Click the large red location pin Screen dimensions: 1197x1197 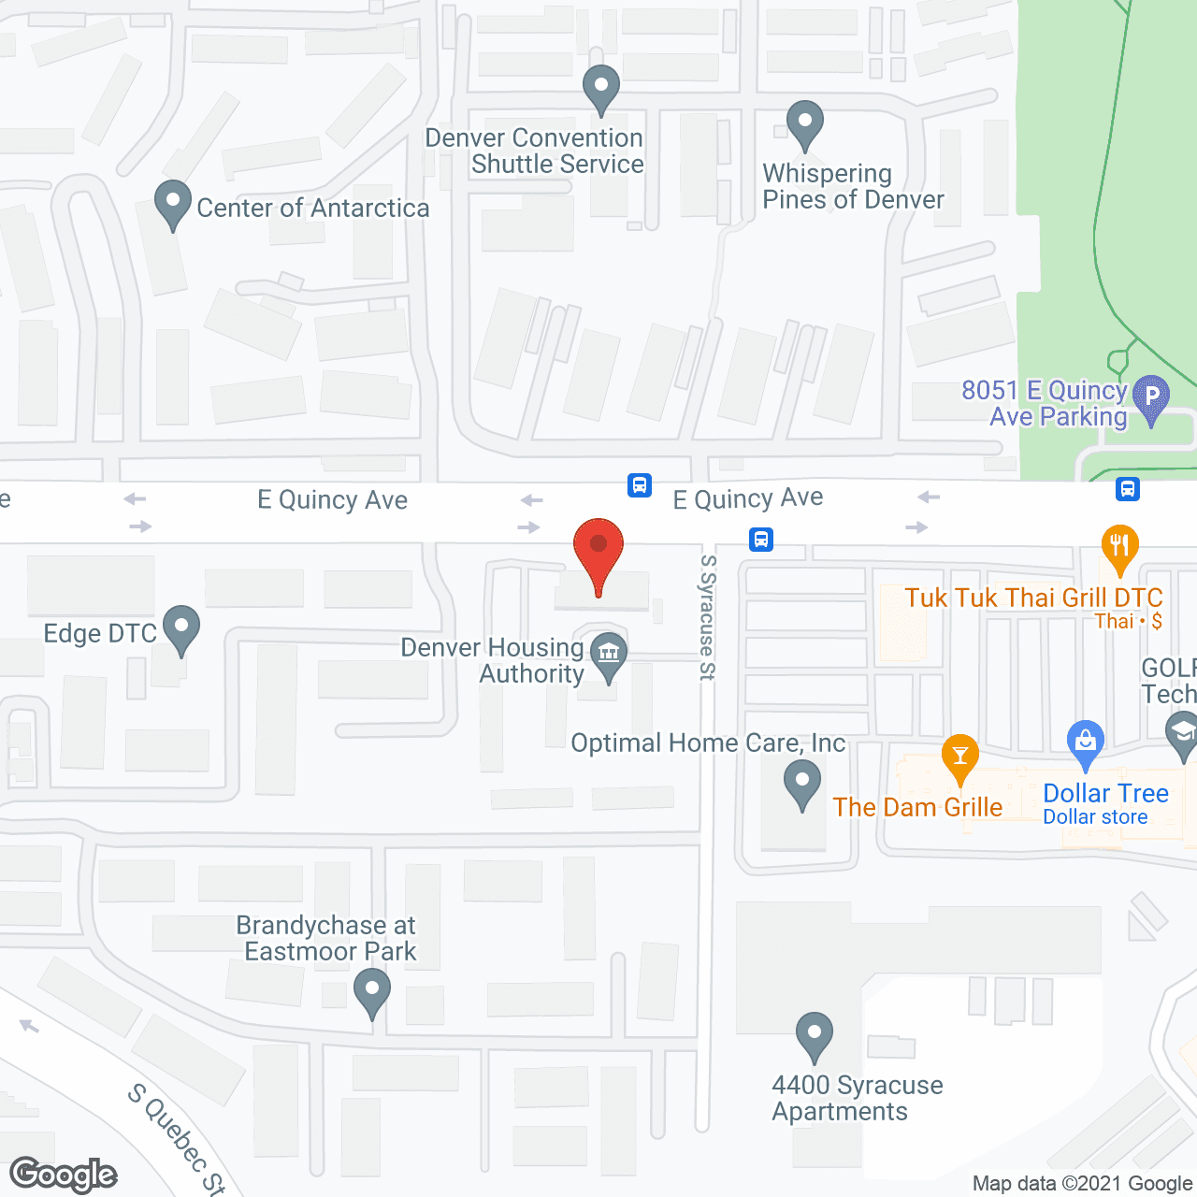pos(598,547)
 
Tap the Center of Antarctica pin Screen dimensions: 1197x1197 pos(172,202)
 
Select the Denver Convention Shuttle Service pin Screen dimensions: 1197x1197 pos(601,88)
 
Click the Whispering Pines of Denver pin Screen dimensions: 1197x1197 pos(804,123)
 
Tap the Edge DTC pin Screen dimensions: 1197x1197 pos(180,627)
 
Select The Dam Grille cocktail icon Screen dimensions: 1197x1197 pos(959,756)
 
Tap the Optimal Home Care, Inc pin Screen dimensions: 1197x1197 pos(801,782)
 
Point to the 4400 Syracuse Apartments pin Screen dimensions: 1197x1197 pos(815,1034)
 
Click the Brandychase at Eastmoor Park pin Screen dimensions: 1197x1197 pos(372,989)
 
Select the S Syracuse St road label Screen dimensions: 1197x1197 pos(708,617)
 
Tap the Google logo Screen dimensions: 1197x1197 pos(64,1175)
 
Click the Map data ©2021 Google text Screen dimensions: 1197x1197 pos(1083,1184)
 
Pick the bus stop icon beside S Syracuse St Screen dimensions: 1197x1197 pos(761,540)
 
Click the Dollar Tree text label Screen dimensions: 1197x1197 pos(1105,793)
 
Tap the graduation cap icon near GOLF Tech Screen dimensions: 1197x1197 pos(1182,732)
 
